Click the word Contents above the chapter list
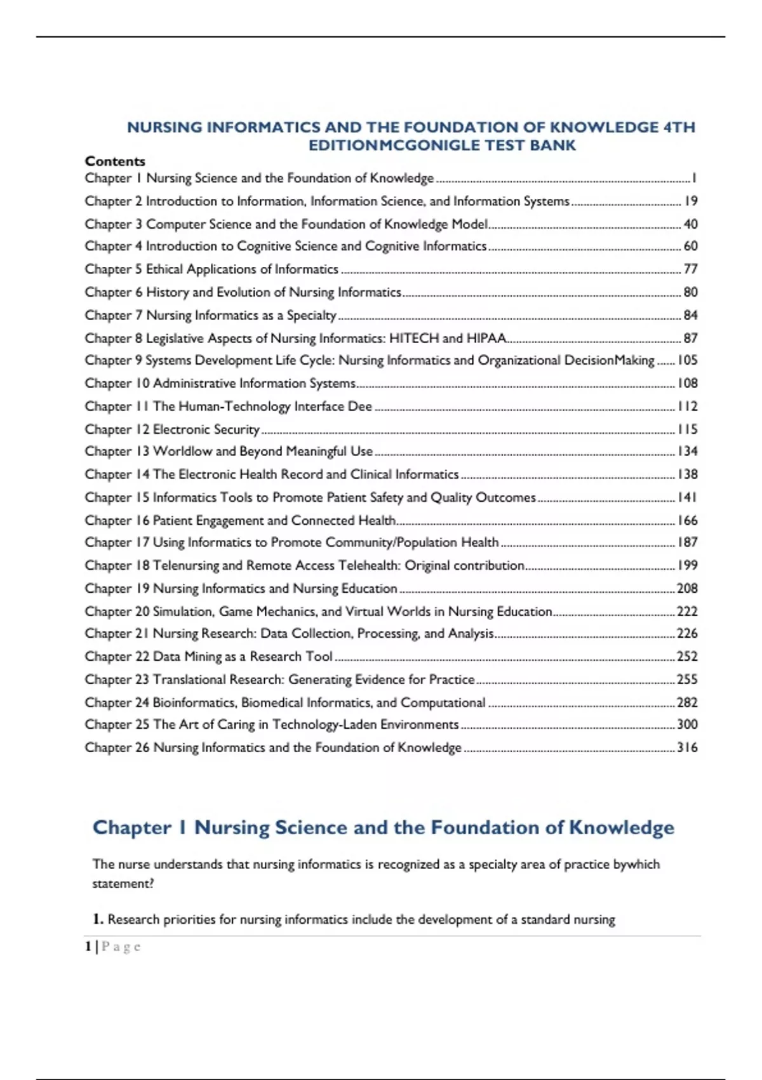[115, 161]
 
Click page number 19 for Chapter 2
[690, 201]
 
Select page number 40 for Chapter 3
[690, 224]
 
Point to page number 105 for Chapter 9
[687, 360]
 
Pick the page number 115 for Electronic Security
[687, 429]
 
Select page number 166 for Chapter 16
[687, 520]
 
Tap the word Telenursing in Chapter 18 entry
[185, 565]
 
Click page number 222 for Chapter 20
[687, 611]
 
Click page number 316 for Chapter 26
[687, 748]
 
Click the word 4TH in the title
[679, 128]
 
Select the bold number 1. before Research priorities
[98, 919]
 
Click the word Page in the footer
[121, 947]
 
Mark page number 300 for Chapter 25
[687, 724]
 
